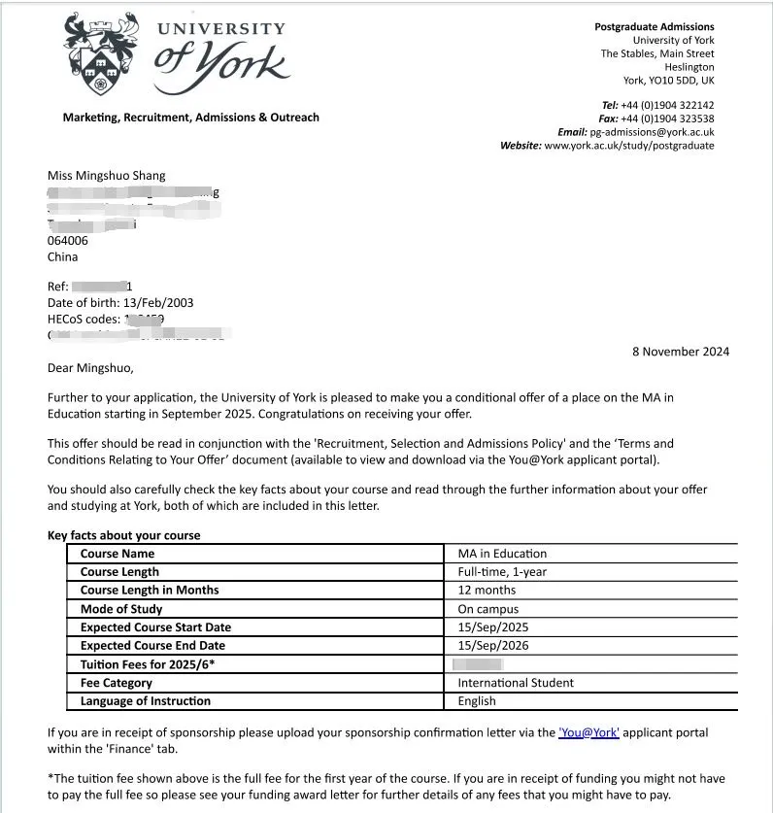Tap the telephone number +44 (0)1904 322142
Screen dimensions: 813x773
667,105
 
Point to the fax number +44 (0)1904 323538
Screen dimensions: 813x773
667,119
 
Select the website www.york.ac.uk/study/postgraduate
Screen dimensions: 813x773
628,146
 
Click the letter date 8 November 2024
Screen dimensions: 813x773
680,352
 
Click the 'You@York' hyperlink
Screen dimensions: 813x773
588,732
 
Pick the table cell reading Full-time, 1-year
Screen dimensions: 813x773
502,572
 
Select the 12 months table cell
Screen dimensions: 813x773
487,591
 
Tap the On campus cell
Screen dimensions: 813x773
488,609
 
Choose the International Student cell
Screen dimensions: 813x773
516,683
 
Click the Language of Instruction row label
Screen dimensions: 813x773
146,701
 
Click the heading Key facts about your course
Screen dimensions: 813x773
124,535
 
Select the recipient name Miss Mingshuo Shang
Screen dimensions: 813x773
107,176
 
